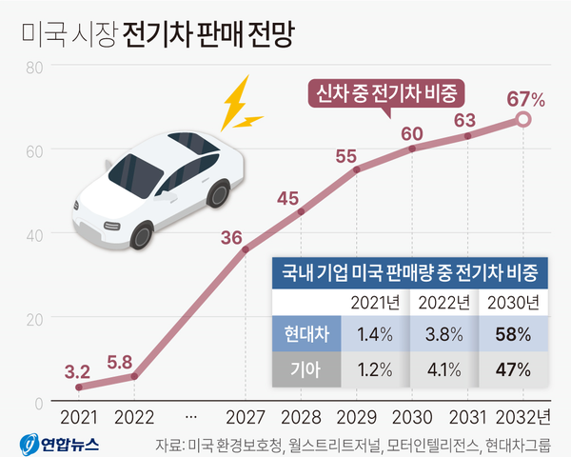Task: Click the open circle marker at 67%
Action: click(x=522, y=119)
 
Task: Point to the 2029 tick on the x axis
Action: click(x=357, y=417)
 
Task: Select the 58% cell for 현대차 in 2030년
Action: click(x=514, y=335)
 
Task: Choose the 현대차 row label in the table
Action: click(x=306, y=335)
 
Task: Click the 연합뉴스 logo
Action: click(x=57, y=443)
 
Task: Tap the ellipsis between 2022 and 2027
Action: click(x=190, y=417)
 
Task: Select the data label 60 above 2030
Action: click(x=412, y=132)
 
